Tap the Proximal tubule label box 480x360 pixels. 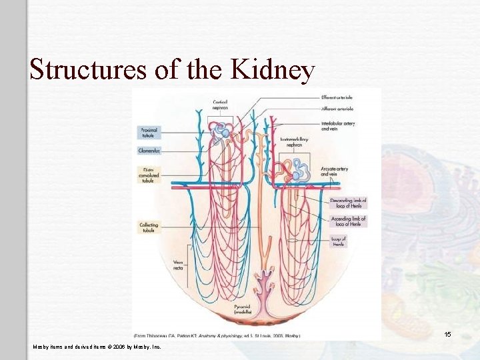(148, 131)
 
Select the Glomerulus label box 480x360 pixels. (149, 151)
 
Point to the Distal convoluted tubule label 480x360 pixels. (148, 175)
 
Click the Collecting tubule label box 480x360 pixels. (149, 227)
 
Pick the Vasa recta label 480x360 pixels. (178, 265)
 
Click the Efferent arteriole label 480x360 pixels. (337, 97)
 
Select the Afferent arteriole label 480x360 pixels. (337, 108)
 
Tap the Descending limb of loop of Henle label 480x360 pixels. (348, 203)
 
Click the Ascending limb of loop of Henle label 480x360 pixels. (348, 221)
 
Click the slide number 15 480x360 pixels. (448, 333)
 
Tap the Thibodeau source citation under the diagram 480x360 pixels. (217, 335)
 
